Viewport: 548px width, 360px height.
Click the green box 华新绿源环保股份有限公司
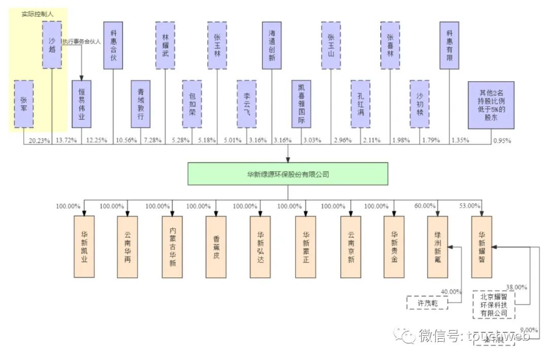click(x=288, y=173)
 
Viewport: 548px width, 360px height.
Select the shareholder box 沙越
click(x=52, y=45)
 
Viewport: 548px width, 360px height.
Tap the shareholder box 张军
click(x=24, y=103)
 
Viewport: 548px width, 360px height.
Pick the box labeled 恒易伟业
click(x=82, y=103)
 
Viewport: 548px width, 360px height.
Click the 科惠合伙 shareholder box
click(x=113, y=45)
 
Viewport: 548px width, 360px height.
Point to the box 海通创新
click(x=272, y=45)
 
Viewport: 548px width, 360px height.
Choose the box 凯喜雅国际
click(x=301, y=103)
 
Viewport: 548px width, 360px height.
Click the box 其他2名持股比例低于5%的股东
click(x=491, y=104)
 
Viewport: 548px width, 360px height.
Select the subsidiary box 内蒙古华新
click(x=172, y=246)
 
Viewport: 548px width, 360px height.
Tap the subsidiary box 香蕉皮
click(x=216, y=246)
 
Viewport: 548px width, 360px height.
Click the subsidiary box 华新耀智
click(x=481, y=246)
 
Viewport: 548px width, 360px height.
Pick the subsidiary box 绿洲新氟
click(x=437, y=246)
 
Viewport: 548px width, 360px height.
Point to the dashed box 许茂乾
click(x=428, y=303)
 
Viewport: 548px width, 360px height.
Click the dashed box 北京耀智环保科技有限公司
click(x=494, y=304)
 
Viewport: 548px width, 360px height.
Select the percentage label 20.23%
click(x=40, y=140)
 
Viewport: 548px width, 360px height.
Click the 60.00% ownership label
click(x=425, y=206)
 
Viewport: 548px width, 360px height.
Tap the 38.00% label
click(x=517, y=286)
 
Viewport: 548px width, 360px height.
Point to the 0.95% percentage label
click(x=502, y=140)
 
